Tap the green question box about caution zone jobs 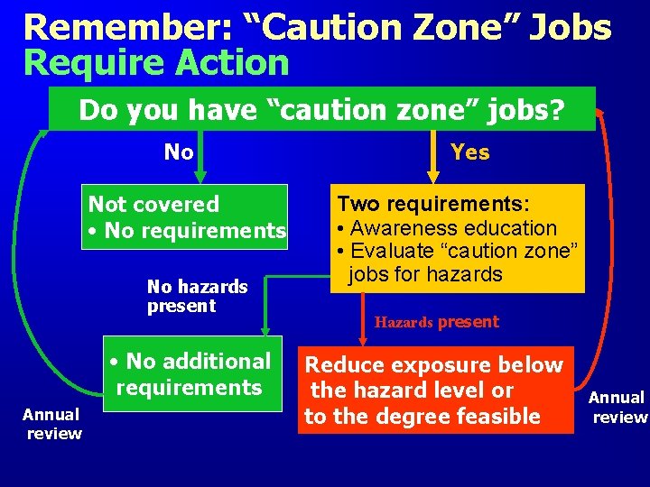point(321,109)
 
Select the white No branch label point(179,152)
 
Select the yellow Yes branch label point(469,152)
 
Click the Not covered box point(186,217)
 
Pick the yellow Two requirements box point(458,238)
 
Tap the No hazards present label point(197,296)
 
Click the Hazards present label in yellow point(437,322)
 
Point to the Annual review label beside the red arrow point(617,407)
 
